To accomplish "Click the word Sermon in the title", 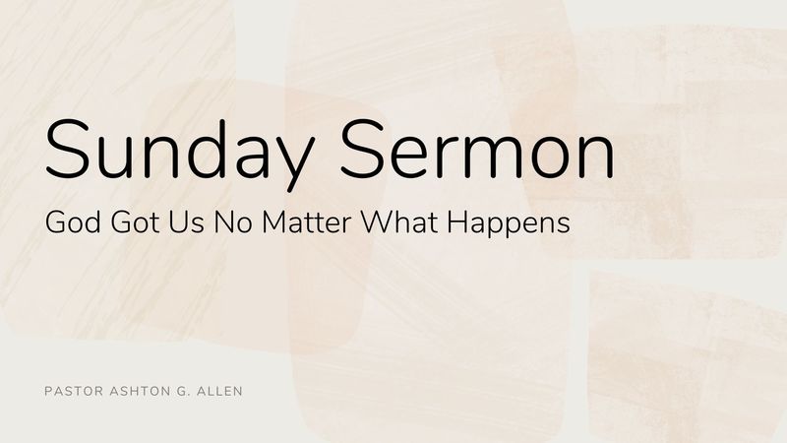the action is coord(477,150).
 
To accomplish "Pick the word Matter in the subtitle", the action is coord(306,222).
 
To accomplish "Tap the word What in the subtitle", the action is coord(400,222).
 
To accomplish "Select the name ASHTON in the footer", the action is coord(139,391).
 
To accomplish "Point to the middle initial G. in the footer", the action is coord(181,391).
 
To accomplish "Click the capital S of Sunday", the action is coord(67,150).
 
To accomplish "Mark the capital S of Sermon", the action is coord(362,150).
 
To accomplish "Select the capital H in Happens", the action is coord(457,222).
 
